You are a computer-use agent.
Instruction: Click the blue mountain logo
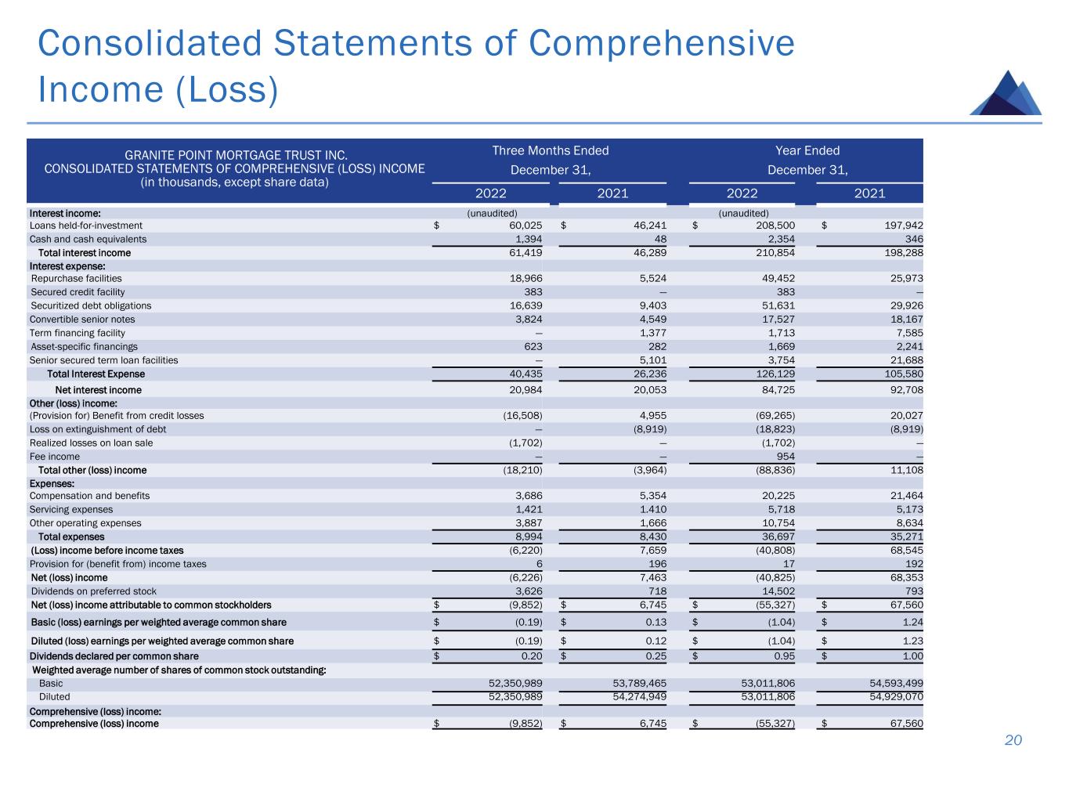click(1006, 94)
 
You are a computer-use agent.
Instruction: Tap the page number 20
click(1013, 741)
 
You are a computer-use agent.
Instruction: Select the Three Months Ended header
click(550, 150)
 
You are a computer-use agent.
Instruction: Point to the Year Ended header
click(807, 150)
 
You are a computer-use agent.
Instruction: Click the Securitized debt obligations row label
click(91, 305)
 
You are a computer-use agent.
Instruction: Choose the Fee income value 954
click(785, 457)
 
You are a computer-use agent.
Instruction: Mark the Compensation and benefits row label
click(89, 496)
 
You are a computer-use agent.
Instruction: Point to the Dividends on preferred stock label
click(93, 591)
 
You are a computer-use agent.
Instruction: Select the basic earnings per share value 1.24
click(912, 623)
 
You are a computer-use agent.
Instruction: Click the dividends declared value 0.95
click(784, 656)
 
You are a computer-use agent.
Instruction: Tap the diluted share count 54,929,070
click(890, 697)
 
